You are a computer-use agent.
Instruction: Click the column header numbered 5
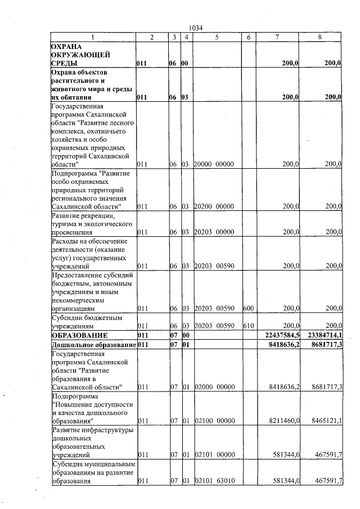[217, 37]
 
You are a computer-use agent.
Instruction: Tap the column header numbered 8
[319, 37]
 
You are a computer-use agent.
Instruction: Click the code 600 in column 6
[248, 309]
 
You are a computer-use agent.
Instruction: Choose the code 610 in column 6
[248, 326]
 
